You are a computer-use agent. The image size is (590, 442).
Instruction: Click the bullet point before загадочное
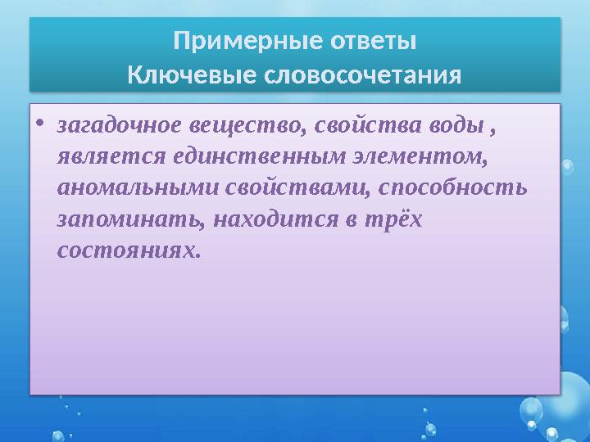click(x=41, y=128)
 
